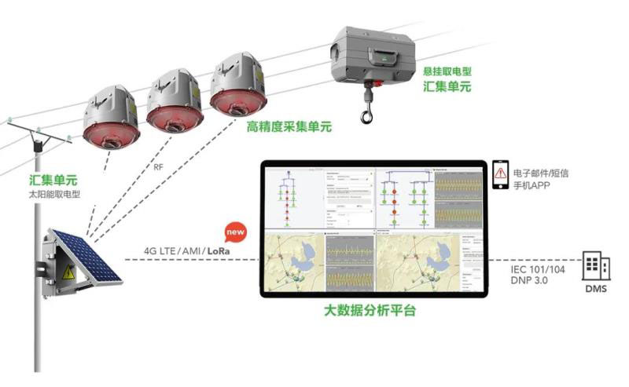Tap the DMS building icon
pos(594,267)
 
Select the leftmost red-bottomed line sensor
pos(112,119)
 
